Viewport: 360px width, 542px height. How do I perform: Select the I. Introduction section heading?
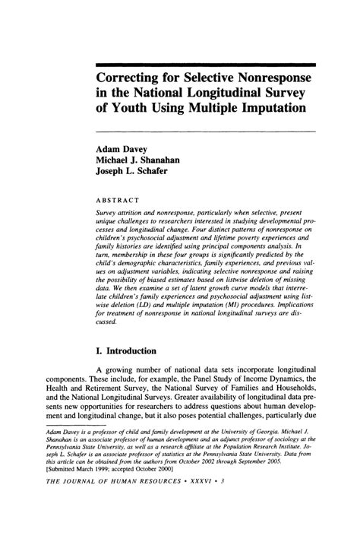point(125,351)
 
